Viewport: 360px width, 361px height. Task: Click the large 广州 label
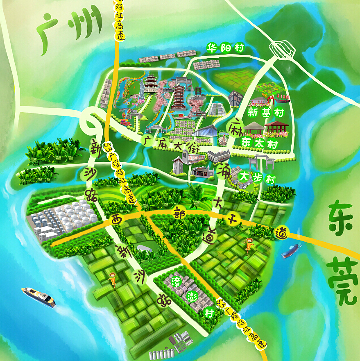click(70, 31)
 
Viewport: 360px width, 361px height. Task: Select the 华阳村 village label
click(225, 48)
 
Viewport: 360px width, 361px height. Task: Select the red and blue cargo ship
click(291, 250)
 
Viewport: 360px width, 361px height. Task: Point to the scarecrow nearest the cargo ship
click(248, 245)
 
